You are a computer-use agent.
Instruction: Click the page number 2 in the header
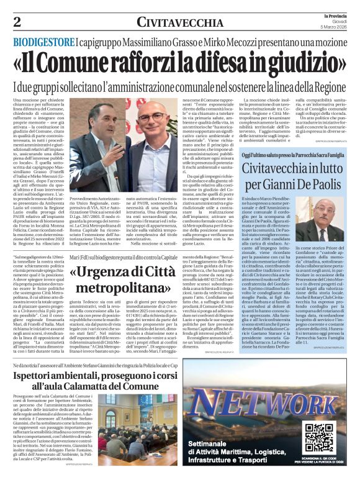pos(17,22)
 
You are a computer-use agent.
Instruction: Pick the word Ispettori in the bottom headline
pos(44,368)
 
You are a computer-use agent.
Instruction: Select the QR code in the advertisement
pos(320,438)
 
